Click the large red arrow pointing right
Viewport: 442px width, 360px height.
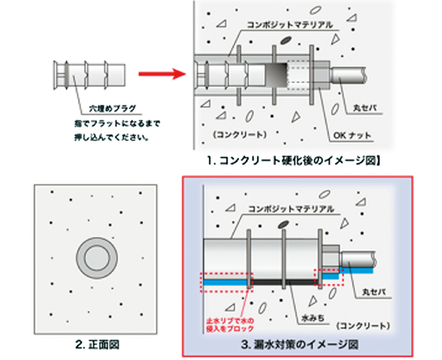point(160,74)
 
